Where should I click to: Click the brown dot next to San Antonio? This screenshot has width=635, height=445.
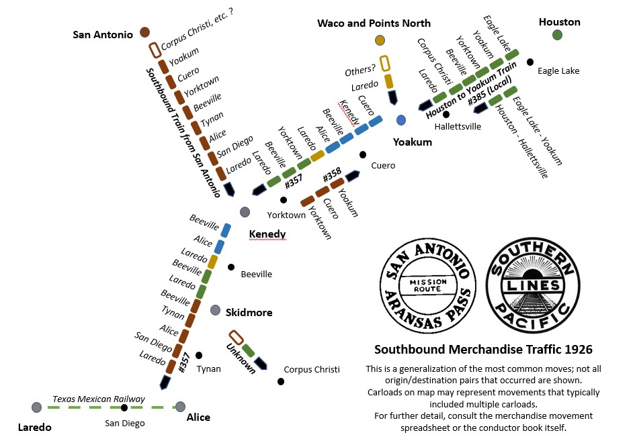tap(144, 32)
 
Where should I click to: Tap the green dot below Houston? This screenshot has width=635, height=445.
tap(557, 35)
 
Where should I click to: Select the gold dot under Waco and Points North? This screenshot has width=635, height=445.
tap(380, 41)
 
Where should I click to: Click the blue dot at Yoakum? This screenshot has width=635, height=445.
tap(401, 120)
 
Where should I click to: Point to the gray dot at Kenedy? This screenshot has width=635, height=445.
tap(245, 212)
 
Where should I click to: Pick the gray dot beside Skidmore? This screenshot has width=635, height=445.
tap(215, 310)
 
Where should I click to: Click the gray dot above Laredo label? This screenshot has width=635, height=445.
tap(36, 407)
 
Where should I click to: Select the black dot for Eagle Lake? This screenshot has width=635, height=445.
tap(530, 62)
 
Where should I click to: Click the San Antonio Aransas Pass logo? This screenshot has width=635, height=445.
tap(428, 286)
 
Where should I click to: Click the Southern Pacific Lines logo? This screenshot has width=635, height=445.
tap(532, 286)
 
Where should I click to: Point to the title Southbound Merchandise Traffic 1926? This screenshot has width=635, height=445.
tap(482, 350)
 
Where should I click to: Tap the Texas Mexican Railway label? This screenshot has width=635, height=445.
tap(99, 399)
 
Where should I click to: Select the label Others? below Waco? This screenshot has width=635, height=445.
tap(360, 70)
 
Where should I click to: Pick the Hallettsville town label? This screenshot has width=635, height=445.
tap(458, 126)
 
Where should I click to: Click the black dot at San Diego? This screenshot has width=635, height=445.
tap(124, 407)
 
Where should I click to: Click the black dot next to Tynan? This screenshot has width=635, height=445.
tap(198, 355)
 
